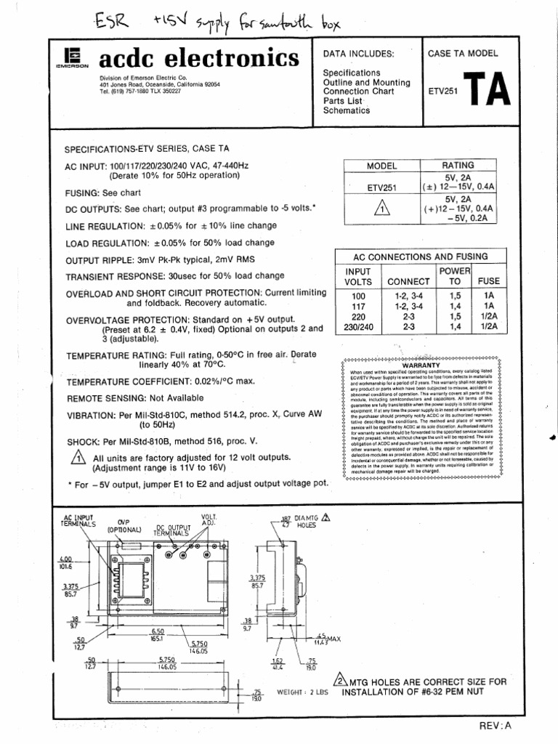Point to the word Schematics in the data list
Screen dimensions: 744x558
click(x=346, y=111)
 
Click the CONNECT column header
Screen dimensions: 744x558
click(x=409, y=281)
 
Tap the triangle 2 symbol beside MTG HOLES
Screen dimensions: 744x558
click(x=337, y=682)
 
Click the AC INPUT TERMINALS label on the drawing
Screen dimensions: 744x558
click(x=78, y=520)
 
